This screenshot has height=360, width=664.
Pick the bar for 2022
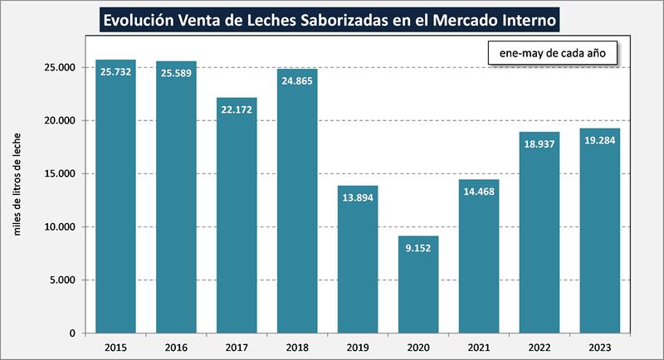[x=539, y=232]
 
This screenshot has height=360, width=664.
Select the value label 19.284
[x=600, y=141]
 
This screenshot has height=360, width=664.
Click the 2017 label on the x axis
[x=237, y=347]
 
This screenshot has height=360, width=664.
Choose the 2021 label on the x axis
[x=479, y=347]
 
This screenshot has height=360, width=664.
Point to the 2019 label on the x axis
[x=358, y=347]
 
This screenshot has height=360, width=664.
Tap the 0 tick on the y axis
[x=72, y=333]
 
